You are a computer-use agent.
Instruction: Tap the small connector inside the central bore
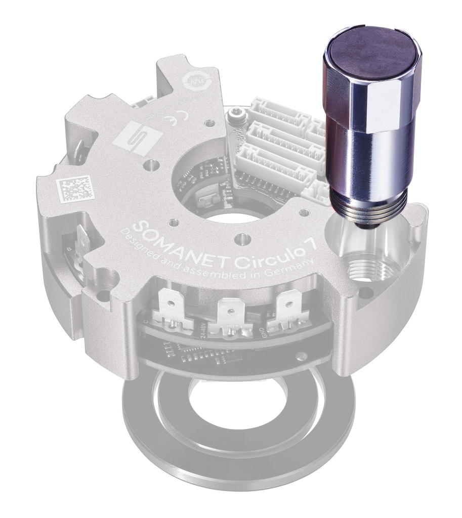click(x=204, y=200)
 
